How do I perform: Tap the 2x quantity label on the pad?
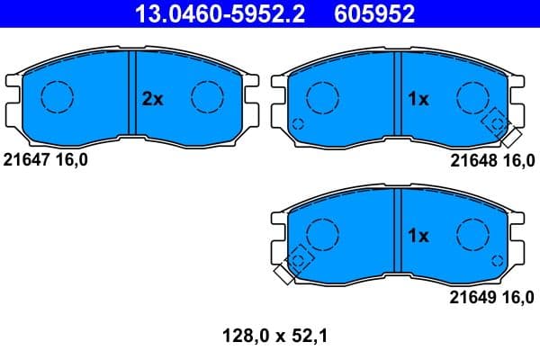pyautogui.click(x=153, y=100)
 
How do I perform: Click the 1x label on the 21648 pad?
pyautogui.click(x=418, y=100)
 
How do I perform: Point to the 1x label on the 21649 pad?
pyautogui.click(x=418, y=236)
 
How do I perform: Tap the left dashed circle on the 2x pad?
pyautogui.click(x=57, y=96)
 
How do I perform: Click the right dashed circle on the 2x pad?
pyautogui.click(x=207, y=96)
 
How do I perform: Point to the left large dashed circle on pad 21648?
pyautogui.click(x=321, y=96)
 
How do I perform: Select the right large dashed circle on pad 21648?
pyautogui.click(x=472, y=96)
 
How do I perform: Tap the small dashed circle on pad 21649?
pyautogui.click(x=496, y=259)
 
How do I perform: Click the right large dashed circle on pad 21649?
pyautogui.click(x=472, y=233)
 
